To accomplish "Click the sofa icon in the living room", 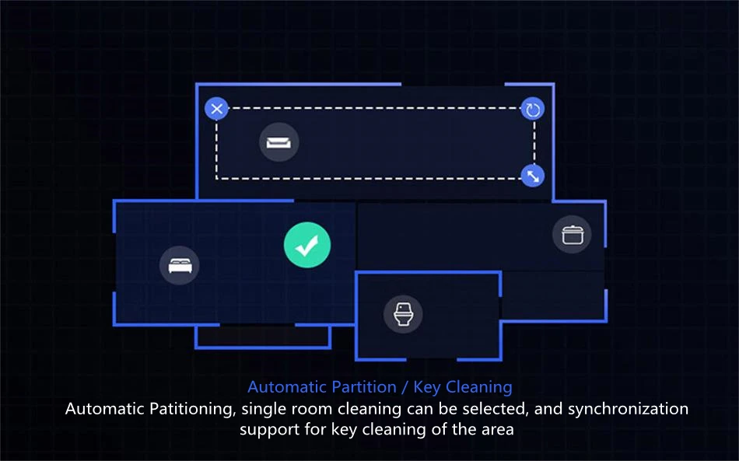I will click(x=278, y=142).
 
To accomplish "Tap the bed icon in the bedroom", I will click(x=180, y=264).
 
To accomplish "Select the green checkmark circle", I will click(x=307, y=245).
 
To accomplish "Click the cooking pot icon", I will click(x=572, y=233).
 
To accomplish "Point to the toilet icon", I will click(x=403, y=315).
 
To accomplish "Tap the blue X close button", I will click(x=217, y=109).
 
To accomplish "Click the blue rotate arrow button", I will click(x=533, y=110).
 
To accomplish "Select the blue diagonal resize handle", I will click(x=533, y=176).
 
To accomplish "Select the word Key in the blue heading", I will click(x=427, y=386).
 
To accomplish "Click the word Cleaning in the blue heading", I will click(x=479, y=386).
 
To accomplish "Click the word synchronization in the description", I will click(x=628, y=409).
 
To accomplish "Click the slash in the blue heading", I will click(x=405, y=386).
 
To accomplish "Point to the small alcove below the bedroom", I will click(x=263, y=336).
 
